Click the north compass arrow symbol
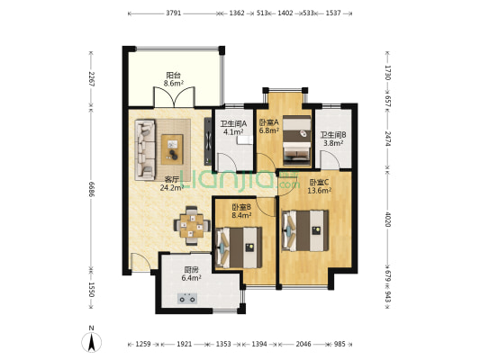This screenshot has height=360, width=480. point(91,342)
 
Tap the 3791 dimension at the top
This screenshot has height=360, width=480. point(174,13)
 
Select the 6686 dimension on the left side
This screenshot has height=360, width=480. point(91,189)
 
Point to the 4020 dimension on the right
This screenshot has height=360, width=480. point(388,220)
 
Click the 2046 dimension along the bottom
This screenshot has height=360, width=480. point(303,344)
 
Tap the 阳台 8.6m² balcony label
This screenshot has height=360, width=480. point(173,79)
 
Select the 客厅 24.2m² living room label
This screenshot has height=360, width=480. point(172,184)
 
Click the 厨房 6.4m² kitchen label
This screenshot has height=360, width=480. point(191,274)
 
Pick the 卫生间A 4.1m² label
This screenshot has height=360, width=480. point(233,128)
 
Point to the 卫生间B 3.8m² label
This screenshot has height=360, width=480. point(333,139)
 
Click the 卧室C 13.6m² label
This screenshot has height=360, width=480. point(320,186)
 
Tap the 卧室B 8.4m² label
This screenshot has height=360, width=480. point(241,211)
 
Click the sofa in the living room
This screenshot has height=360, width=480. point(145,149)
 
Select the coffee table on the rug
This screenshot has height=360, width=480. point(172,149)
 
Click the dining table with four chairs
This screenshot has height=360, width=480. point(192,226)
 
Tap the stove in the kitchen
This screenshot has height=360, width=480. point(187,299)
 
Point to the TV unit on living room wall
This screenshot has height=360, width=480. point(208,141)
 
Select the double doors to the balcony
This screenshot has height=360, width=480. point(174,97)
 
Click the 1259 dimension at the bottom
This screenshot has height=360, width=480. point(143,344)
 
